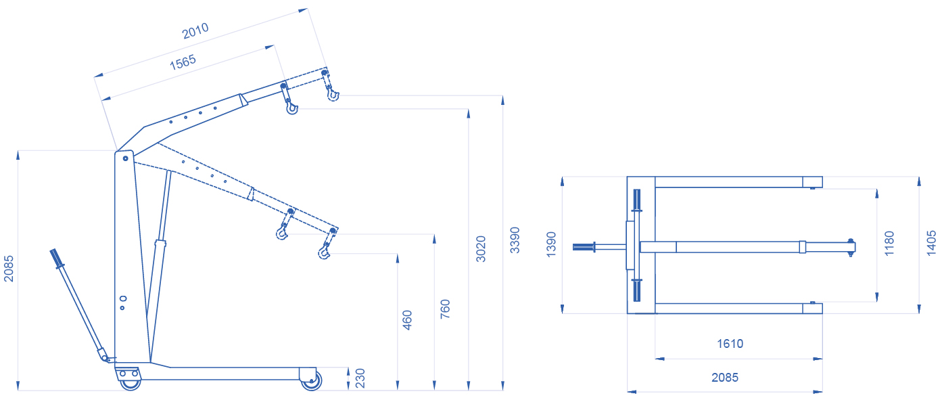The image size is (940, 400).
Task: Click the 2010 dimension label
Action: pyautogui.click(x=195, y=30)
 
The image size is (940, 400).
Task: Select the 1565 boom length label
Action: pyautogui.click(x=183, y=62)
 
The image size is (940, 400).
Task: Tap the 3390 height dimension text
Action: pyautogui.click(x=515, y=240)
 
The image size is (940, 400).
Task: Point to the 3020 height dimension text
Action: pyautogui.click(x=481, y=249)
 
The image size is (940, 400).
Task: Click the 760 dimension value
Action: pyautogui.click(x=445, y=309)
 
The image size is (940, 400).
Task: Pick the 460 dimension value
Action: pyautogui.click(x=407, y=320)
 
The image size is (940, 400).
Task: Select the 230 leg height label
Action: pyautogui.click(x=360, y=378)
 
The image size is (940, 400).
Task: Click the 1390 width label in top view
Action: pyautogui.click(x=551, y=244)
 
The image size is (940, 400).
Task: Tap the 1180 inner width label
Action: pyautogui.click(x=889, y=243)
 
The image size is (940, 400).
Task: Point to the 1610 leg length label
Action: pyautogui.click(x=730, y=344)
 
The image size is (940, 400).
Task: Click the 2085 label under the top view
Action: pyautogui.click(x=725, y=377)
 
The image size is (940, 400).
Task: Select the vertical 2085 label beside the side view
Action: pyautogui.click(x=9, y=269)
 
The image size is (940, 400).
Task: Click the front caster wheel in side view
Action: pyautogui.click(x=311, y=380)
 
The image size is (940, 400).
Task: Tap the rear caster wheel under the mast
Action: pyautogui.click(x=131, y=383)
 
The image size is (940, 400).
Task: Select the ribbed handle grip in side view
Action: pyautogui.click(x=55, y=258)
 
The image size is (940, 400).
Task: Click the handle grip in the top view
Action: pyautogui.click(x=584, y=247)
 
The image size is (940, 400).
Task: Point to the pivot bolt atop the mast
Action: pyautogui.click(x=125, y=158)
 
